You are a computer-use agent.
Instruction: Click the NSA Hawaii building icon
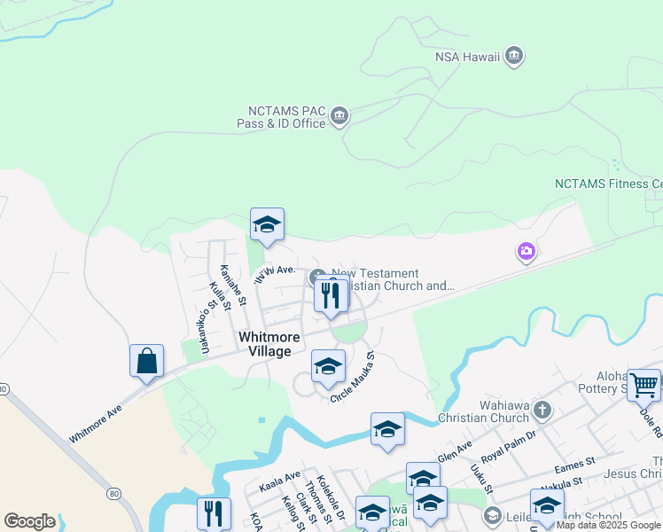pos(514,58)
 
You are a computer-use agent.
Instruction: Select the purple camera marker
pos(526,253)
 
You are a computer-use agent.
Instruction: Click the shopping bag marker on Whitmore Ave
pos(146,363)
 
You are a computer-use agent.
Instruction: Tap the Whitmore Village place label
pos(269,345)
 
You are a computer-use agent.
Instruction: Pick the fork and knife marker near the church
pos(331,297)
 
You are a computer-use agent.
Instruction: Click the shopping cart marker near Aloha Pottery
pos(644,386)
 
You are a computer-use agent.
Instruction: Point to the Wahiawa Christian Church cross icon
pos(542,411)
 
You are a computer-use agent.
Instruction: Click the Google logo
pos(29,521)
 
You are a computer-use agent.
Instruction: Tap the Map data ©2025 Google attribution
pos(609,526)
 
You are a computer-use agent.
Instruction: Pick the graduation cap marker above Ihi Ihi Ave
pos(267,225)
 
